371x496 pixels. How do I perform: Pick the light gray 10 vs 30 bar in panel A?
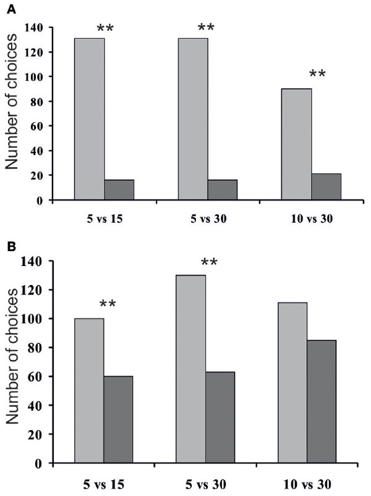click(297, 144)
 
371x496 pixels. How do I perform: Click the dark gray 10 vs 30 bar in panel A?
click(326, 187)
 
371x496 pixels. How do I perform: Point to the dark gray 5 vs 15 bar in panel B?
click(118, 420)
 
